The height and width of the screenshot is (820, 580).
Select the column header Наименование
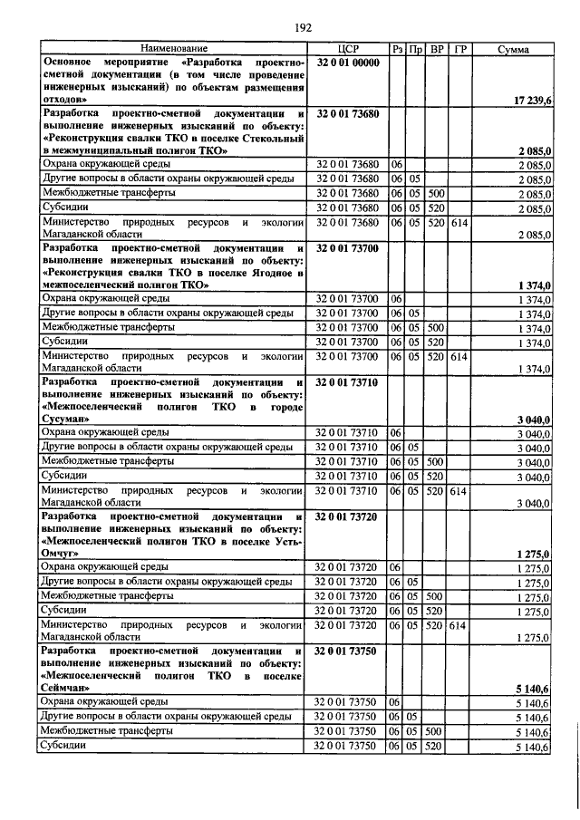click(x=173, y=48)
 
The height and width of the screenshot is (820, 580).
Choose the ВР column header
click(x=436, y=48)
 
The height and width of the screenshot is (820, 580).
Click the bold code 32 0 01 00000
click(x=349, y=62)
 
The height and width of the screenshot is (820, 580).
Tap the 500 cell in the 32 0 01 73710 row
click(x=436, y=461)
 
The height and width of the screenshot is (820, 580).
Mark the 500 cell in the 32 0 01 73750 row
click(x=436, y=730)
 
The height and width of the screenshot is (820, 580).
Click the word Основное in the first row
click(x=72, y=62)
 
